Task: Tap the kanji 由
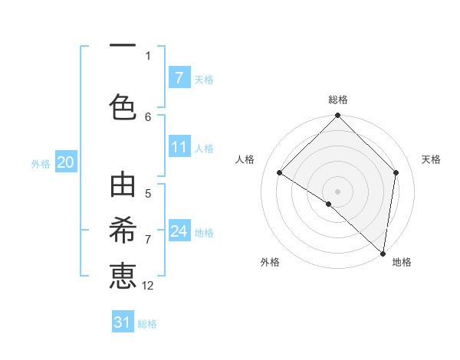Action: coord(123,186)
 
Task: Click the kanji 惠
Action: coord(123,276)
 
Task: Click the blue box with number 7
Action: coord(179,78)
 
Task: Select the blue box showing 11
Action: coord(179,148)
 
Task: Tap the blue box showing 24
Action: coord(179,231)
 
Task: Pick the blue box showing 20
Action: coord(66,162)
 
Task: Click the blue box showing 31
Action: coord(123,322)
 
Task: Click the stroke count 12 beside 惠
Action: coord(148,286)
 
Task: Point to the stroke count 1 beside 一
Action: coord(148,55)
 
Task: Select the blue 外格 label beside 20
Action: coord(41,163)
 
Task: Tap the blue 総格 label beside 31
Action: coord(147,324)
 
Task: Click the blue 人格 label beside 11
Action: coord(203,149)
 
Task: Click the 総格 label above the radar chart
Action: coord(337,100)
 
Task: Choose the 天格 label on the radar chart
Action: coord(431,159)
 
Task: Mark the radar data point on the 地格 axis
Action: coord(383,253)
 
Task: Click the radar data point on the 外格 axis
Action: coord(328,204)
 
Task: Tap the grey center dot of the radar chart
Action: coord(337,191)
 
